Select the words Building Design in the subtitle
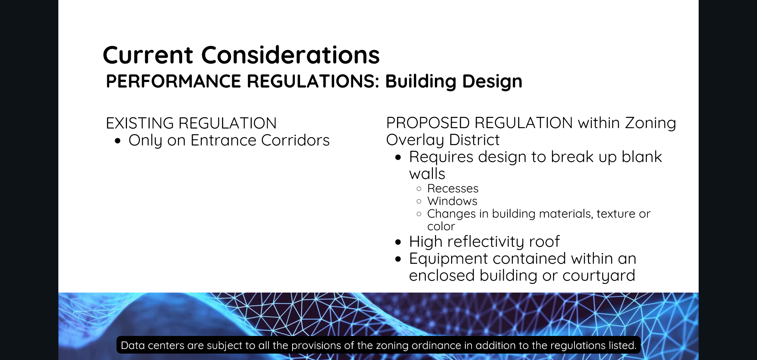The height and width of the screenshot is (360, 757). [x=453, y=81]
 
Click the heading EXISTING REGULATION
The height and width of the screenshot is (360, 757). [x=191, y=123]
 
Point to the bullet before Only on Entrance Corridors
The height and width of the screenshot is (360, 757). [x=117, y=141]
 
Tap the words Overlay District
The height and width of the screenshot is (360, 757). [x=442, y=140]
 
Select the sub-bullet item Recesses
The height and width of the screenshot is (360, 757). [x=453, y=188]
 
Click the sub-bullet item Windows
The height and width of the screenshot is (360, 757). [x=452, y=201]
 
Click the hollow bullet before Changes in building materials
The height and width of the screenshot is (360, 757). [x=419, y=214]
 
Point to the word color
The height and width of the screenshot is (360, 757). [x=441, y=226]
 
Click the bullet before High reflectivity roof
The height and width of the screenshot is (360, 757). [x=398, y=242]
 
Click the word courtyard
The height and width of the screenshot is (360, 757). [x=599, y=276]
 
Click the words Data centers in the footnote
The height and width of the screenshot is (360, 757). [x=153, y=345]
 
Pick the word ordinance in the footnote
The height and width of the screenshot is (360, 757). [x=436, y=345]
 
